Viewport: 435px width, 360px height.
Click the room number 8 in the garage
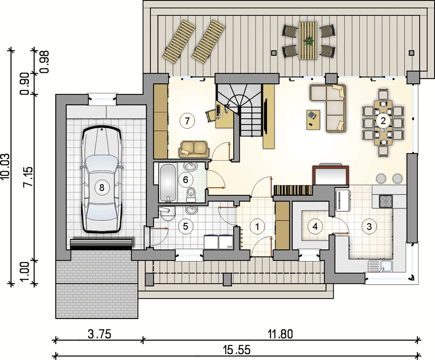[x=102, y=188]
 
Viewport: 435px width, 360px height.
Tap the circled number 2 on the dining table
[x=383, y=121]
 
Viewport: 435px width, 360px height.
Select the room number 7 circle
[x=187, y=121]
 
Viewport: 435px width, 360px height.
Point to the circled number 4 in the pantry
[x=315, y=226]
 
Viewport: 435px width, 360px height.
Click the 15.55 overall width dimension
[x=237, y=350]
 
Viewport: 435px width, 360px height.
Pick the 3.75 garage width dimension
[x=100, y=334]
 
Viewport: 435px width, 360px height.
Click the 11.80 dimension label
[x=280, y=334]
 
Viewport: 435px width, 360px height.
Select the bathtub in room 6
[x=168, y=182]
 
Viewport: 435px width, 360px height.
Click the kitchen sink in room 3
[x=380, y=266]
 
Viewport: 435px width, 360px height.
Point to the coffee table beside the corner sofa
[x=313, y=120]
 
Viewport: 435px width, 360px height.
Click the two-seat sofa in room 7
[x=194, y=149]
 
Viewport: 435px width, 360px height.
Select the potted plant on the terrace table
[x=308, y=41]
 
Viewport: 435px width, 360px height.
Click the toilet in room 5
[x=168, y=214]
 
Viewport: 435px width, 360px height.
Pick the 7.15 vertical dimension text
[x=28, y=177]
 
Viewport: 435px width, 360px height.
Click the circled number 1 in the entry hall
[x=257, y=226]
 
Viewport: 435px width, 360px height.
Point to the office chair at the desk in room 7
[x=210, y=114]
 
